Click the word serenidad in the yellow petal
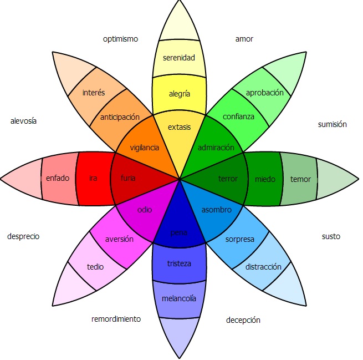coord(179,58)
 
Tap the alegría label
coord(179,94)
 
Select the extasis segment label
coord(179,127)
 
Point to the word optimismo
coord(120,39)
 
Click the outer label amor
coord(244,39)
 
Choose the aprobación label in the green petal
coord(264,93)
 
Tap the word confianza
coord(238,116)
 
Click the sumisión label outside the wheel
coord(332,124)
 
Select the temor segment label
coord(300,179)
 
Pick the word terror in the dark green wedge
coord(228,179)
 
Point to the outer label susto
coord(331,236)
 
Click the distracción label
coord(263,267)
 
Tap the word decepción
coord(243,320)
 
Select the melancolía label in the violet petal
coord(178,298)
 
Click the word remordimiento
coord(116,319)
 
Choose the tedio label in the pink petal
coord(95,266)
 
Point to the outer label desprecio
coord(23,236)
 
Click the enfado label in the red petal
coord(58,178)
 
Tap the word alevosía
coord(23,121)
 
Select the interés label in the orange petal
coord(93,93)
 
